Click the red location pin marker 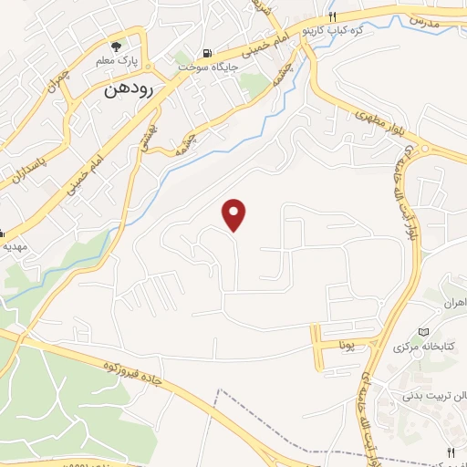click(x=235, y=214)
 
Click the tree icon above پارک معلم click(x=115, y=47)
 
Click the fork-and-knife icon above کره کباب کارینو click(x=332, y=16)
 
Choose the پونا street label click(x=346, y=346)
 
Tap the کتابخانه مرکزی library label click(x=423, y=348)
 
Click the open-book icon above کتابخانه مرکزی click(x=423, y=331)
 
